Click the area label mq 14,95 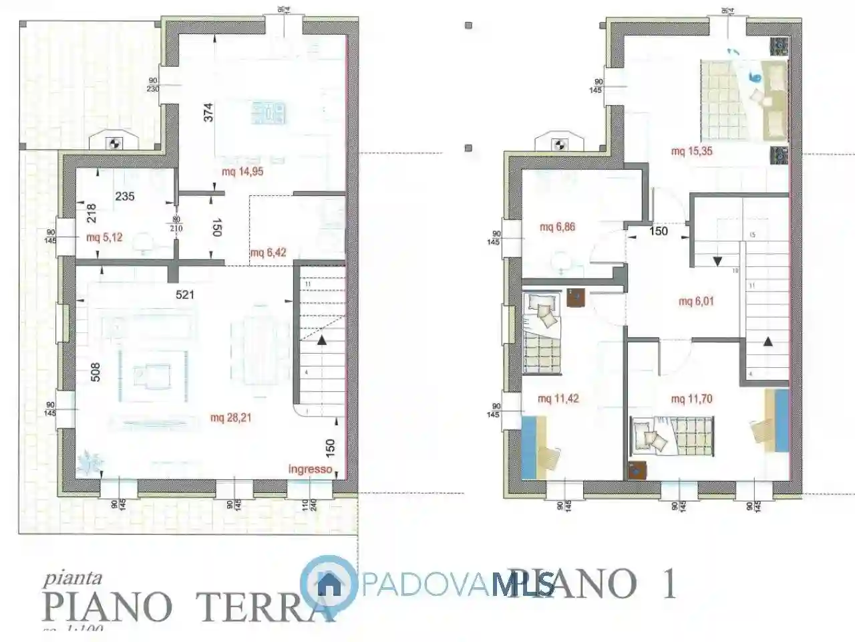click(242, 172)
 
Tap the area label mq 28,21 click(230, 419)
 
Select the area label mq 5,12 click(104, 237)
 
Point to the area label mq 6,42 click(268, 253)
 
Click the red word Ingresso click(310, 469)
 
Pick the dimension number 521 click(185, 294)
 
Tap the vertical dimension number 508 click(96, 372)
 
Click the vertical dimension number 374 click(208, 112)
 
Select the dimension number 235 click(125, 196)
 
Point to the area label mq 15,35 click(691, 151)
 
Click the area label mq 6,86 click(557, 227)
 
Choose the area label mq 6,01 click(696, 302)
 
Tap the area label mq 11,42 click(558, 399)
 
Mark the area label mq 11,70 click(691, 399)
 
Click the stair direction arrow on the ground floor click(323, 340)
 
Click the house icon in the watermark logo click(329, 583)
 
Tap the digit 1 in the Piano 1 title click(669, 583)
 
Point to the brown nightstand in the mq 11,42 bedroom click(574, 297)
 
